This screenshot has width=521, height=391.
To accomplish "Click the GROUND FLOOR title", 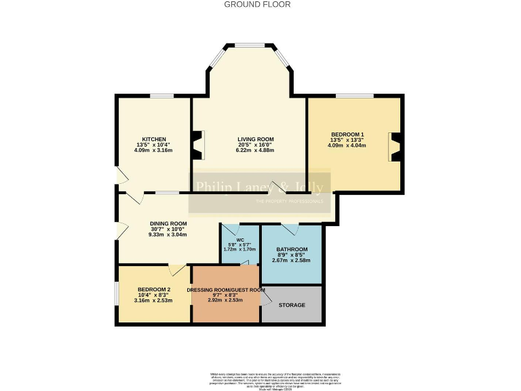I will (x=257, y=4).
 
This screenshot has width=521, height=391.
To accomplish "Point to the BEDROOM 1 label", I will (x=347, y=134).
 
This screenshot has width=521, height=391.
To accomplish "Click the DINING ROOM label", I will (x=168, y=223).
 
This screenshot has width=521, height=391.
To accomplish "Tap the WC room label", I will (x=240, y=240).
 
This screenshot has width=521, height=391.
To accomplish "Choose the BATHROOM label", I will (x=291, y=249).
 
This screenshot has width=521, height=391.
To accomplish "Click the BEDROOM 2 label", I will (x=154, y=290).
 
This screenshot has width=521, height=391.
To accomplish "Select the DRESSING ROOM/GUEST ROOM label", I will (x=226, y=290).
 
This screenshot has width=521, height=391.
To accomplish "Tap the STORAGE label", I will (x=291, y=305).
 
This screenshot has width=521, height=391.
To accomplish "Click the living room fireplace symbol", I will (x=197, y=144).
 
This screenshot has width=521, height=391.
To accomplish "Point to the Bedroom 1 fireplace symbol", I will (x=395, y=147).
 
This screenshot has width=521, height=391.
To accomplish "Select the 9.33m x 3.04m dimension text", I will (x=168, y=234).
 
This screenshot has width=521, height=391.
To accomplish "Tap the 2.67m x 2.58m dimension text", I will (x=291, y=260).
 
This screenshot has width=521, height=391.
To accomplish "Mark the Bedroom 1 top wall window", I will (x=355, y=96).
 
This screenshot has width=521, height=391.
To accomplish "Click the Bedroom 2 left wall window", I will (x=117, y=295).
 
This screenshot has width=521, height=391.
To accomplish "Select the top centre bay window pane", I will (x=250, y=45).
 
